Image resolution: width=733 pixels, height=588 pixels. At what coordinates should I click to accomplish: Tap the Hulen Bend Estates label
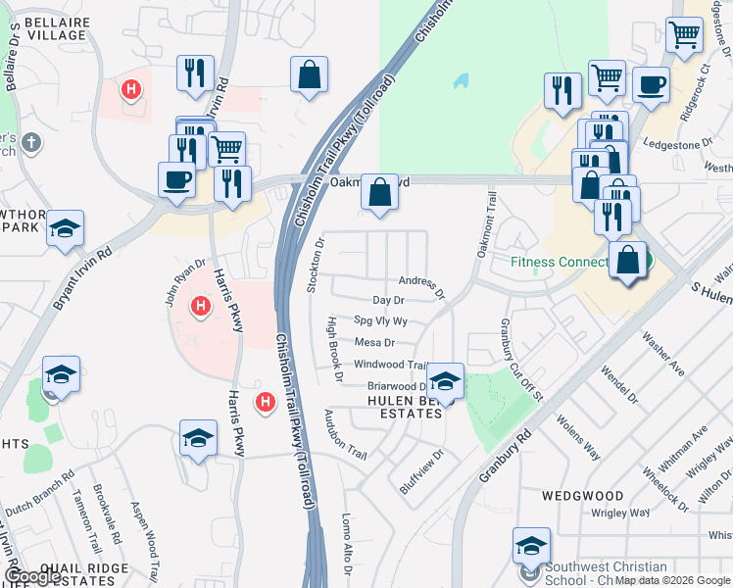pos(405,407)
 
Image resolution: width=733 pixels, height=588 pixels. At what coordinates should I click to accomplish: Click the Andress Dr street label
pos(421,286)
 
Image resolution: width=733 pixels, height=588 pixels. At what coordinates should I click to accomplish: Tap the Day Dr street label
pos(388,301)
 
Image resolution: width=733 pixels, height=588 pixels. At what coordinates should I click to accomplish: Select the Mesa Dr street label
pos(374,343)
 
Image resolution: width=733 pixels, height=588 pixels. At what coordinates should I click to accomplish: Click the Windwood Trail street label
pos(390,365)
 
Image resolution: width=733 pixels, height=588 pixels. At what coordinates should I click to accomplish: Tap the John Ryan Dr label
pos(183,276)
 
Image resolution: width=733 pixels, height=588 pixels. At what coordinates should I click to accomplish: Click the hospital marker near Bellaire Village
pos(129,91)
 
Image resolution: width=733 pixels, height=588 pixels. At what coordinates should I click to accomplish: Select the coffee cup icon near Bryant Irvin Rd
pos(176,180)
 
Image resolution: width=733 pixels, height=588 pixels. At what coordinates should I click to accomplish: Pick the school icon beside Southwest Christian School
pos(531,546)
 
